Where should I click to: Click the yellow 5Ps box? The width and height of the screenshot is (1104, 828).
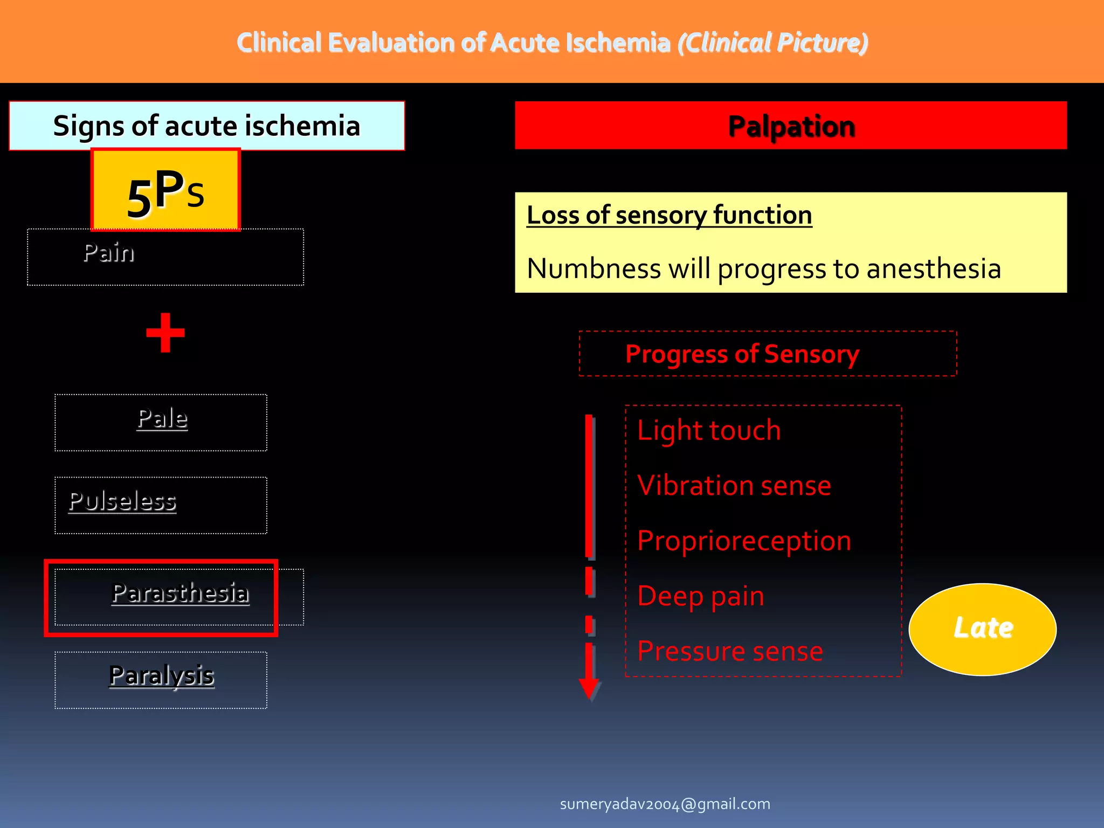pyautogui.click(x=165, y=190)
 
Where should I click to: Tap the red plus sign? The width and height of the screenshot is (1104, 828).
pyautogui.click(x=165, y=333)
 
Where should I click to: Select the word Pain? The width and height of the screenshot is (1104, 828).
pyautogui.click(x=109, y=253)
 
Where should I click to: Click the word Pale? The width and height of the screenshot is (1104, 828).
pyautogui.click(x=162, y=419)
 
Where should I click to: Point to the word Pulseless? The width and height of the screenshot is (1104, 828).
pyautogui.click(x=122, y=501)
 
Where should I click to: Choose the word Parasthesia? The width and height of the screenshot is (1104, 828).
pyautogui.click(x=180, y=593)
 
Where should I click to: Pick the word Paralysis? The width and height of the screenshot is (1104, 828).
pyautogui.click(x=162, y=675)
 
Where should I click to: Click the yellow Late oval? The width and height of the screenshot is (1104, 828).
pyautogui.click(x=982, y=629)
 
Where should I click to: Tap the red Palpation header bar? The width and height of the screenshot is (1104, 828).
pyautogui.click(x=791, y=126)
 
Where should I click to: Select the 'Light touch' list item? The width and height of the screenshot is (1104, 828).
pyautogui.click(x=709, y=431)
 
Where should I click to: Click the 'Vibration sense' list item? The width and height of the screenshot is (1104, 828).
pyautogui.click(x=734, y=486)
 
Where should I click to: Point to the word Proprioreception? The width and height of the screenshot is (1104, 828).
pyautogui.click(x=744, y=541)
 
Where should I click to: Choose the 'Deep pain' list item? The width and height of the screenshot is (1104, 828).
pyautogui.click(x=701, y=596)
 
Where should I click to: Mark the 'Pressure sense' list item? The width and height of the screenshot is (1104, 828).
pyautogui.click(x=730, y=651)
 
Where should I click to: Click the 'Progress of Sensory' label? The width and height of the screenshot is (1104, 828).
pyautogui.click(x=742, y=354)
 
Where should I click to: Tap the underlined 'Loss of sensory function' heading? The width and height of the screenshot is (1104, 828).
pyautogui.click(x=669, y=215)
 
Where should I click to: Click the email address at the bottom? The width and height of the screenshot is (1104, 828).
pyautogui.click(x=665, y=804)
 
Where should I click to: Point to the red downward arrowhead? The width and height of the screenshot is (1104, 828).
pyautogui.click(x=589, y=688)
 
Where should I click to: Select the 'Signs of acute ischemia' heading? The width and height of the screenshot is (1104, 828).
pyautogui.click(x=206, y=126)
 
